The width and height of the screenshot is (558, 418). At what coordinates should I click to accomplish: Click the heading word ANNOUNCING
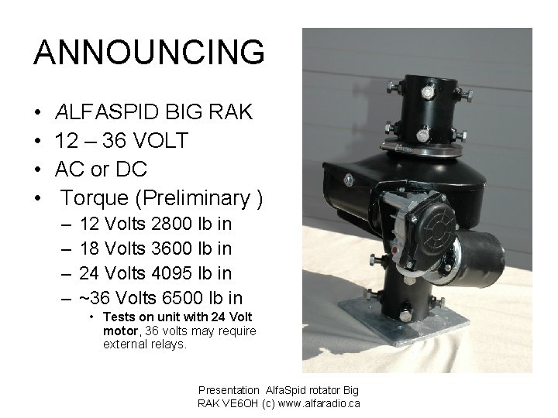tap(149, 53)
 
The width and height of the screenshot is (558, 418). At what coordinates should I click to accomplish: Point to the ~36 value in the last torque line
tap(96, 298)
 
